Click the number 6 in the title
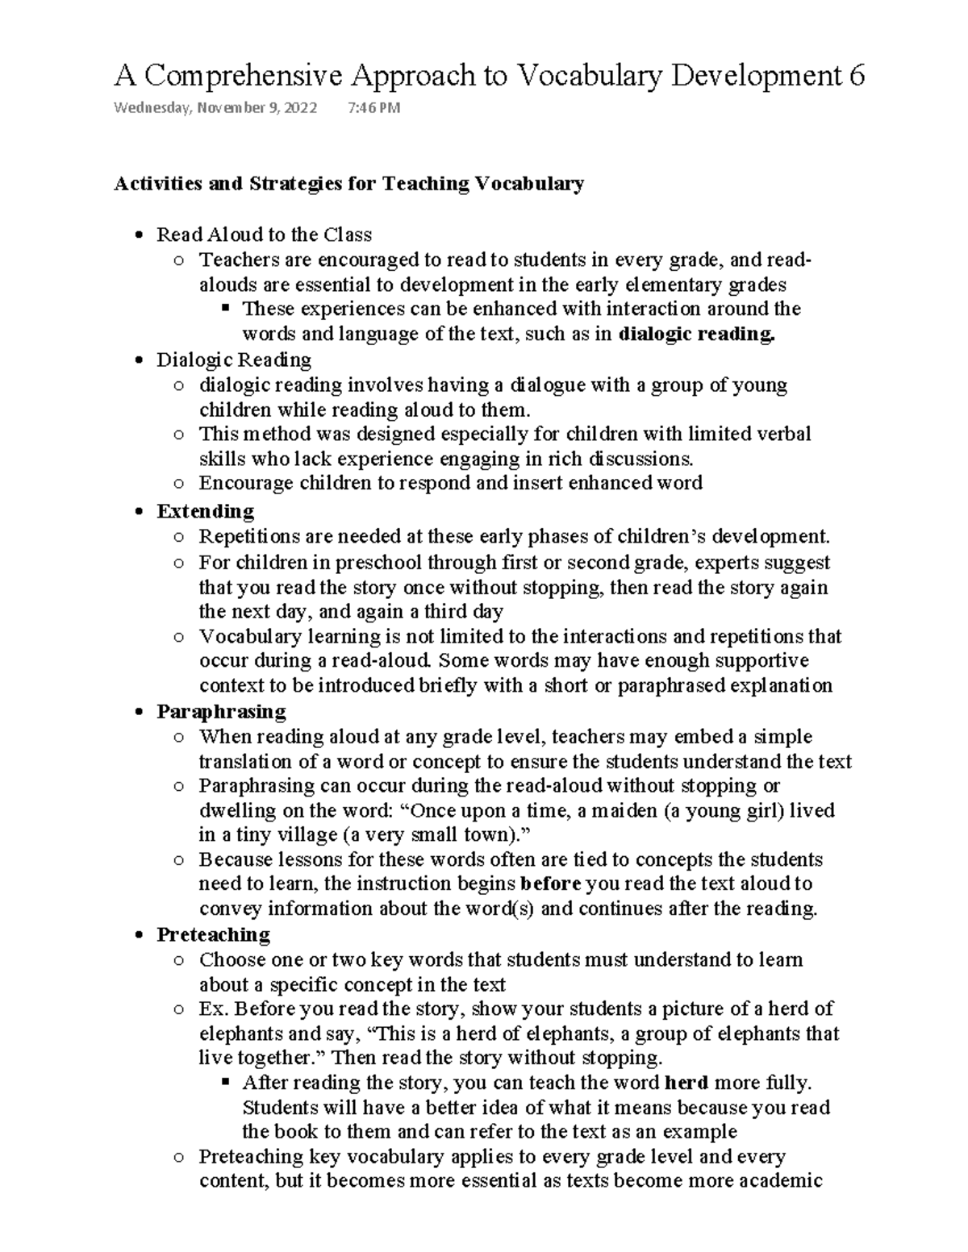[856, 76]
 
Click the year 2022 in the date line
[300, 108]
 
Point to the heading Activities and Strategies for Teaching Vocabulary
[348, 184]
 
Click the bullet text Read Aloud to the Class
[264, 235]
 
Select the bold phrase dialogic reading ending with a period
[696, 334]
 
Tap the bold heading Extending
[205, 512]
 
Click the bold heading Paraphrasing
[221, 712]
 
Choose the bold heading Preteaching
[213, 934]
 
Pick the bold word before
[552, 884]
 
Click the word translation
[245, 762]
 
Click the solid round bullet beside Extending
[140, 512]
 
